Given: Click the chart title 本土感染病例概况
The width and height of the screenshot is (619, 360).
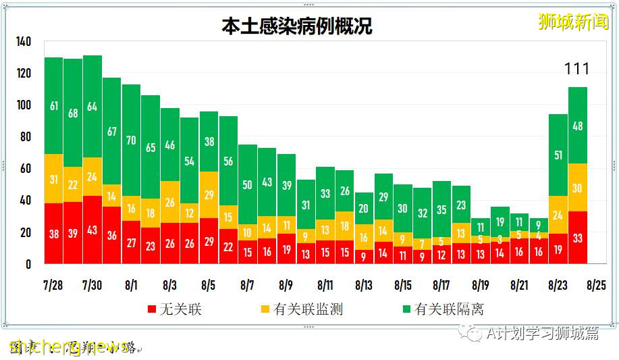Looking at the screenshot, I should tap(296, 26).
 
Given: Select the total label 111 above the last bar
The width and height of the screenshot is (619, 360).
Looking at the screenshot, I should tap(576, 69).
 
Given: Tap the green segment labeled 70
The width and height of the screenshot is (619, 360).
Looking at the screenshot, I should tap(131, 140).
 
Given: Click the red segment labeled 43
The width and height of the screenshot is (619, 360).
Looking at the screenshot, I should tap(92, 230).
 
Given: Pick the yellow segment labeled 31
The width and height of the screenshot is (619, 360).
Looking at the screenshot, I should tap(54, 179).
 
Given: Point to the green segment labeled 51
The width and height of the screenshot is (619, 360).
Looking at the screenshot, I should tap(558, 155).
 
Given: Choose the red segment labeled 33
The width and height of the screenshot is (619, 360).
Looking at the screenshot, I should tap(577, 237).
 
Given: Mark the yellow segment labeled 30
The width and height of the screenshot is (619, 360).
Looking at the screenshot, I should tap(577, 188).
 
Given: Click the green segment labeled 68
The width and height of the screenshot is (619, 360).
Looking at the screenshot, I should tap(73, 113).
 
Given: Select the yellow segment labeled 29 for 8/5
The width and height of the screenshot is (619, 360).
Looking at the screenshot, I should tap(209, 195).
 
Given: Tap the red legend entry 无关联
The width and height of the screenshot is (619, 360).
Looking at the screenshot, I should tap(174, 309).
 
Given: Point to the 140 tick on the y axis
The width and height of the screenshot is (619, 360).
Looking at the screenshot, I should tap(24, 42).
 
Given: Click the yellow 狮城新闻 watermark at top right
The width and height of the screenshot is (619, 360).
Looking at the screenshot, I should tap(573, 22).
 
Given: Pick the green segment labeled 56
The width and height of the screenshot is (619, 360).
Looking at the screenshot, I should tap(228, 161).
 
